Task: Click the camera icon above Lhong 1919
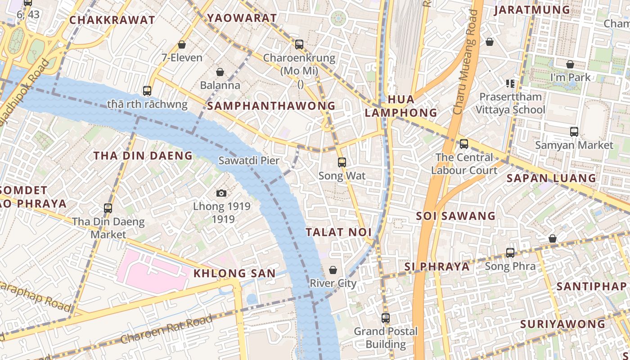221,193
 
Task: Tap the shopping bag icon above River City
333,270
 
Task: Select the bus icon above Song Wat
342,162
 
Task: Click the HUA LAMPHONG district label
400,106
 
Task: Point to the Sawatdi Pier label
249,161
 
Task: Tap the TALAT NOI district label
338,232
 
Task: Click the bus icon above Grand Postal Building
386,318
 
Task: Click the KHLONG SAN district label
234,273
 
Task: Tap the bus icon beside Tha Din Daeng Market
108,208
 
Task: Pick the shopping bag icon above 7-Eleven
182,45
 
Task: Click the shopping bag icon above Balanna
220,72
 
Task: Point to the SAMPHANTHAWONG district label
271,106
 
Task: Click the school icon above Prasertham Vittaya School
510,83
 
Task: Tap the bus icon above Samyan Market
574,132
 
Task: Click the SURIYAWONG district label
562,324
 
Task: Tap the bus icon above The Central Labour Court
464,144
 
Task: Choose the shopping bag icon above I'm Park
570,64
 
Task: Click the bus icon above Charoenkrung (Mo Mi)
299,44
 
